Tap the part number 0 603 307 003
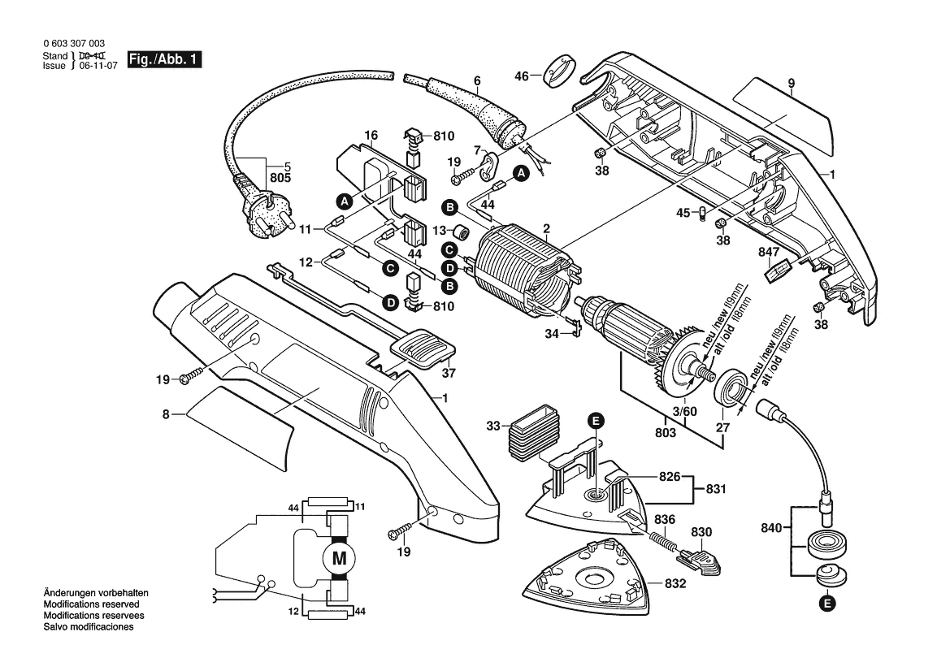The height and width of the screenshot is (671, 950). (x=72, y=44)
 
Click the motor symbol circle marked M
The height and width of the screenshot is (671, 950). (x=339, y=557)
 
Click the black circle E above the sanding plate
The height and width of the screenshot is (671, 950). (x=596, y=420)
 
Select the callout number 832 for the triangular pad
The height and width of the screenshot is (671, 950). (x=675, y=583)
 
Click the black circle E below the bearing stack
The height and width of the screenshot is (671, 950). (x=826, y=603)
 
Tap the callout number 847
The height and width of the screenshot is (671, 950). (x=768, y=251)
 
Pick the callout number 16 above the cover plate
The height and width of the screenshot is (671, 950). (x=371, y=135)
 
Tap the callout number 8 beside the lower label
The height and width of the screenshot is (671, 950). (x=166, y=414)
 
